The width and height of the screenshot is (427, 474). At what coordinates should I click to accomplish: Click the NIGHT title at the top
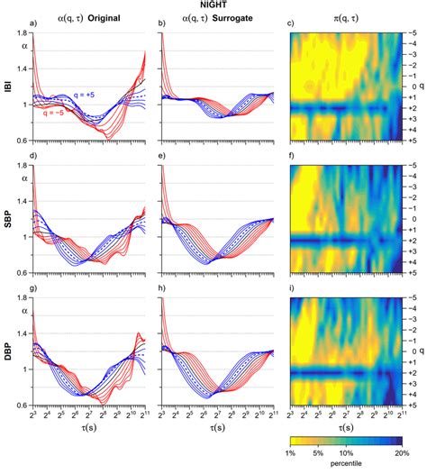(213, 5)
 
